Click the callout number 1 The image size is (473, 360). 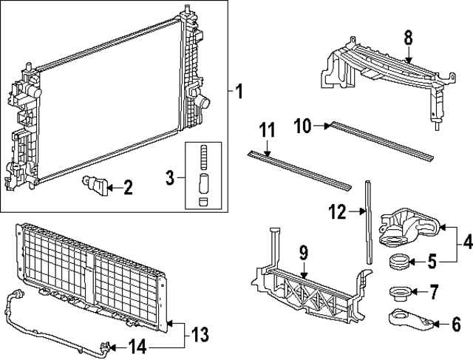(x=239, y=92)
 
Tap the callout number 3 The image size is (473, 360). (x=170, y=177)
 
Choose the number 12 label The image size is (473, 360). (x=337, y=213)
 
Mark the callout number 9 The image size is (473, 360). (x=303, y=254)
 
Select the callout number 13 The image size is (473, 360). (x=196, y=334)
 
